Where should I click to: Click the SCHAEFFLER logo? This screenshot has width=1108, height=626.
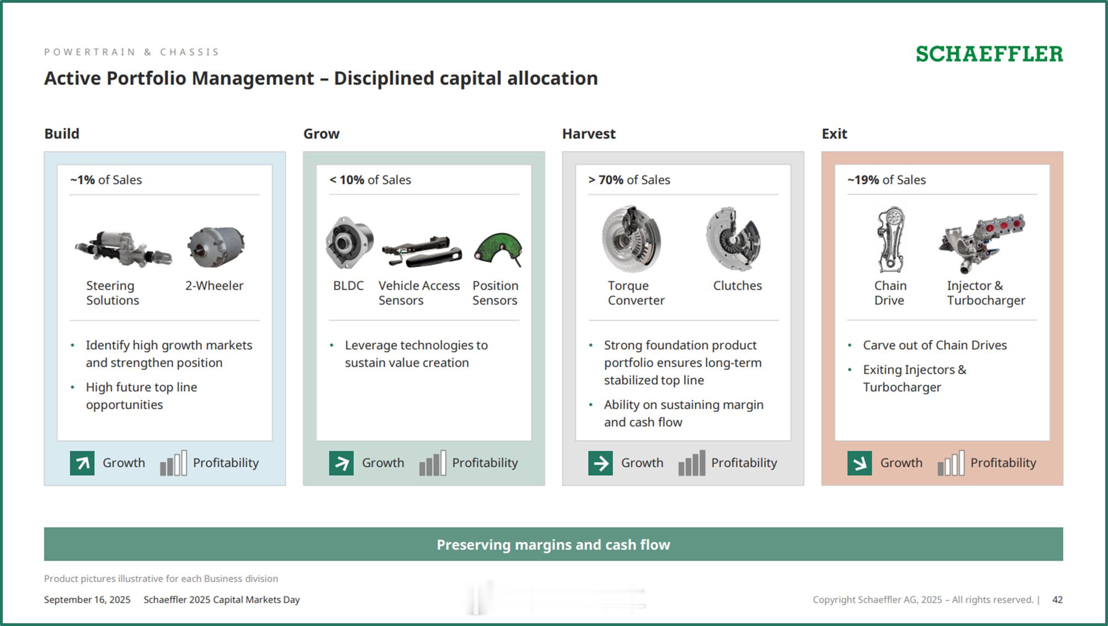coord(989,54)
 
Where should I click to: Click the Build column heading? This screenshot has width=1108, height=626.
coord(62,134)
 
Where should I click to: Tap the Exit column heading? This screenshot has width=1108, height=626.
coord(834,134)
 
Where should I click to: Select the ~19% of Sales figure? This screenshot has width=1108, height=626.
coord(886,180)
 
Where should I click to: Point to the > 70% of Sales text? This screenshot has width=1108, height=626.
coord(629,180)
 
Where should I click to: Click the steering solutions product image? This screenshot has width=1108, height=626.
coord(124,249)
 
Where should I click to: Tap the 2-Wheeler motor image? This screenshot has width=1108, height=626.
coord(216,247)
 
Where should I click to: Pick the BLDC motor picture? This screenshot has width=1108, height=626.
coord(349,243)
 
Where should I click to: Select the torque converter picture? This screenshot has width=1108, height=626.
coord(631,239)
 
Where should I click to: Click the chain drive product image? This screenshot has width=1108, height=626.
coord(890,239)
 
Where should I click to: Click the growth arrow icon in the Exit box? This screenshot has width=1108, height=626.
coord(860,463)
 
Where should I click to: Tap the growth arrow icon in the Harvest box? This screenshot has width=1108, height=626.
coord(600,463)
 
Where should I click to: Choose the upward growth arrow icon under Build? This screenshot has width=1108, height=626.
coord(82,463)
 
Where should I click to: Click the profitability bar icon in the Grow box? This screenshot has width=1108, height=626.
coord(433,463)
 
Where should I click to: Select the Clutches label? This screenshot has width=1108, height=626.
coord(737,286)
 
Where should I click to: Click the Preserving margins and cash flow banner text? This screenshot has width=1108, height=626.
coord(553,545)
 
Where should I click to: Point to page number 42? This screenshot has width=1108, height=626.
coord(1057,600)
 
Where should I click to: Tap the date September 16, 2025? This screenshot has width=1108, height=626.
coord(87,600)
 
